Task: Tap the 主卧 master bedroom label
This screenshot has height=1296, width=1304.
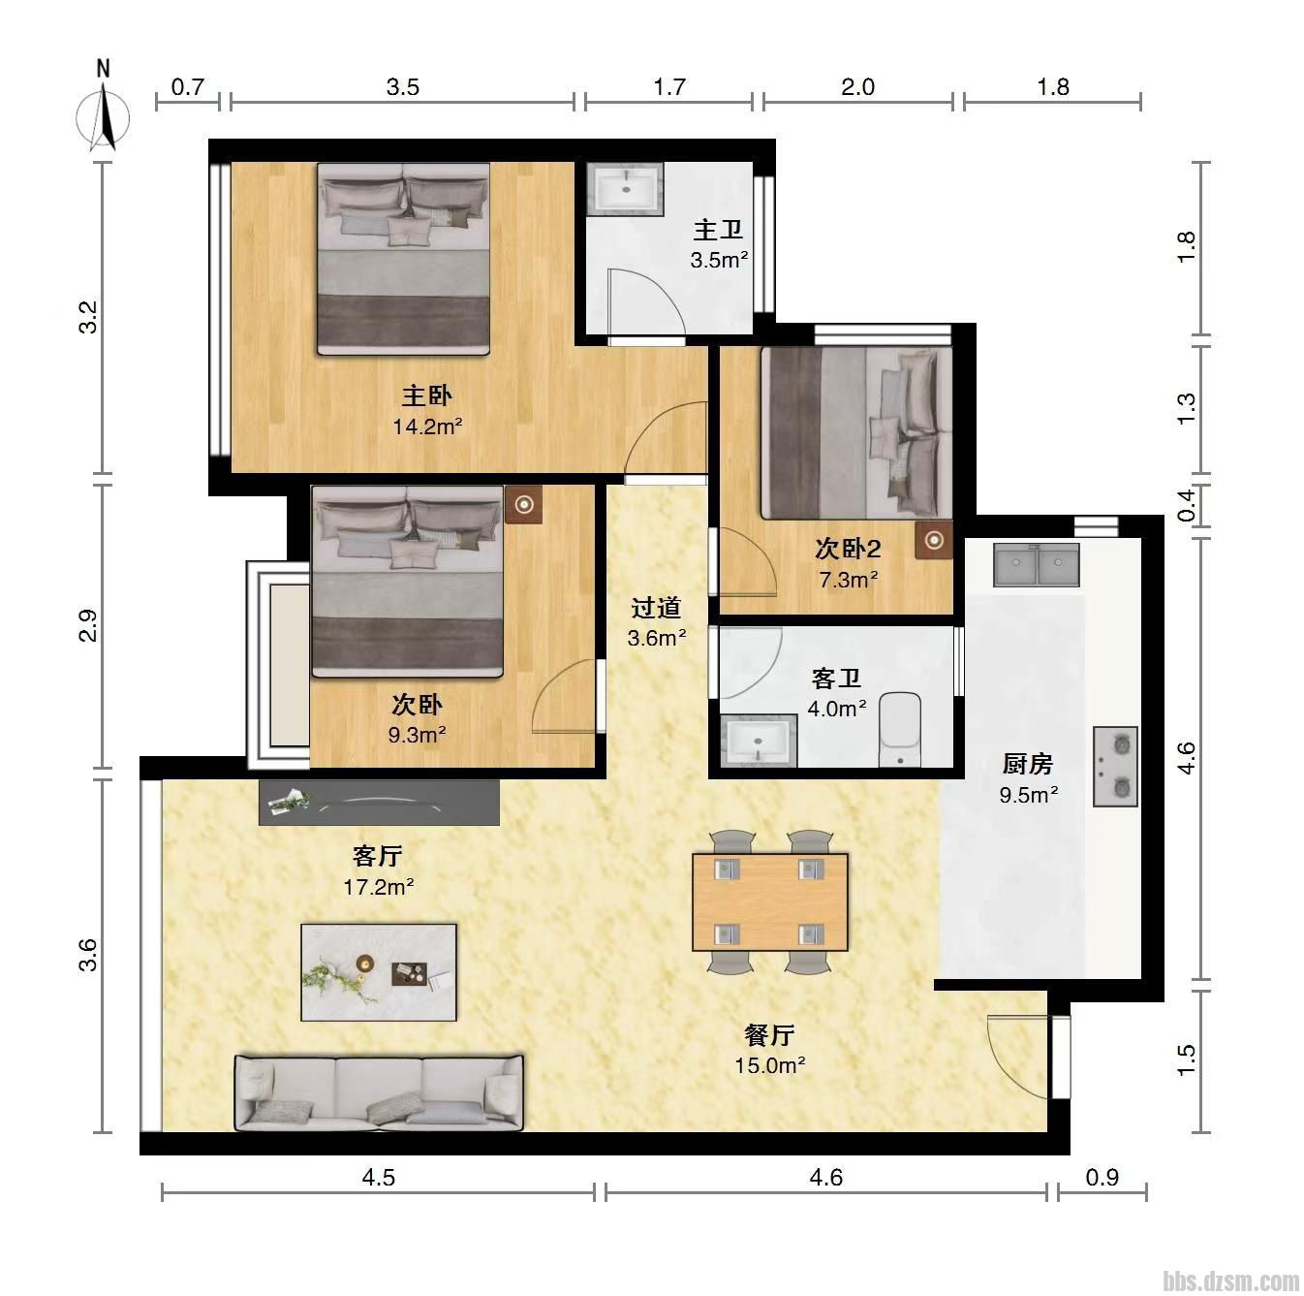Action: pos(426,395)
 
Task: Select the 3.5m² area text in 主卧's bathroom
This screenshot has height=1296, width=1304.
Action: pos(719,260)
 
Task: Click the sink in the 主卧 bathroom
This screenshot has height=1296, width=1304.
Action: pos(625,189)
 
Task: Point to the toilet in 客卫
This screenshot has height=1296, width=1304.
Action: pos(900,729)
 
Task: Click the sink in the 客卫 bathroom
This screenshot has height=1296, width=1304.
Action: pos(758,741)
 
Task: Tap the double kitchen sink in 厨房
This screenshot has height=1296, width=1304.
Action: pos(1036,564)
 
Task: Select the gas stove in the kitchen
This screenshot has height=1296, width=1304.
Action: pos(1115,767)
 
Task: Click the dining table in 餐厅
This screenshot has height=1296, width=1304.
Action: pos(770,901)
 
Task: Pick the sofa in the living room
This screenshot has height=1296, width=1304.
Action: pos(379,1091)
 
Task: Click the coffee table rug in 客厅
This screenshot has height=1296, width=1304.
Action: pos(379,972)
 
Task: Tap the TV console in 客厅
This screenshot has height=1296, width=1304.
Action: pos(379,803)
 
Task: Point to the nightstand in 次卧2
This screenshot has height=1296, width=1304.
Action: pos(934,540)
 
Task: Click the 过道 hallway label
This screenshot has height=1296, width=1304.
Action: pos(655,608)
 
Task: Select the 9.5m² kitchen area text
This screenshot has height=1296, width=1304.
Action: pos(1029,794)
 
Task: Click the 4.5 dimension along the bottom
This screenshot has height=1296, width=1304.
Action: pos(378,1178)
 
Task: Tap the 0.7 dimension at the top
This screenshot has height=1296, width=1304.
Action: pos(187,86)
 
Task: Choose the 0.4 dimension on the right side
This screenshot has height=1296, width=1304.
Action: pos(1186,505)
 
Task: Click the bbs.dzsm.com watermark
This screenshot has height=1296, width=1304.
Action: pos(1231,1280)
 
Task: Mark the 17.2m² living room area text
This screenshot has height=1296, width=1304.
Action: pos(378,886)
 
